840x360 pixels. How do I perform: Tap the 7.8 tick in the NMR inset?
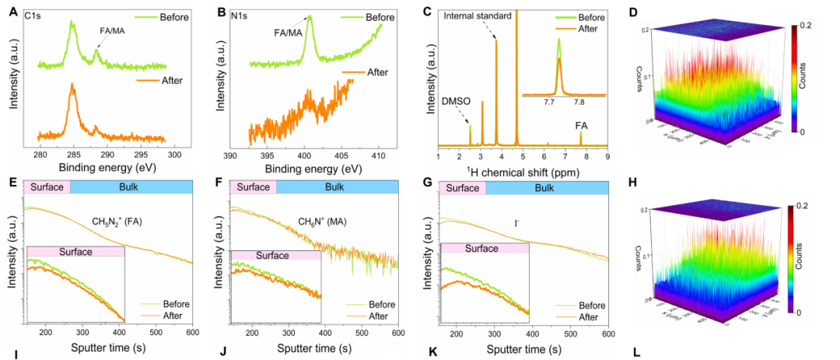click(578, 102)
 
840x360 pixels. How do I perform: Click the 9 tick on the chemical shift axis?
click(607, 156)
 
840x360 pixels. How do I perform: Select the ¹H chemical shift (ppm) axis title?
click(522, 170)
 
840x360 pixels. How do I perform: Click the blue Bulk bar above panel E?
click(130, 187)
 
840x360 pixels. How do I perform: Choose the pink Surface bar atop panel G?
click(462, 187)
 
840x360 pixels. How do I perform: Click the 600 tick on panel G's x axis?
click(607, 333)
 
